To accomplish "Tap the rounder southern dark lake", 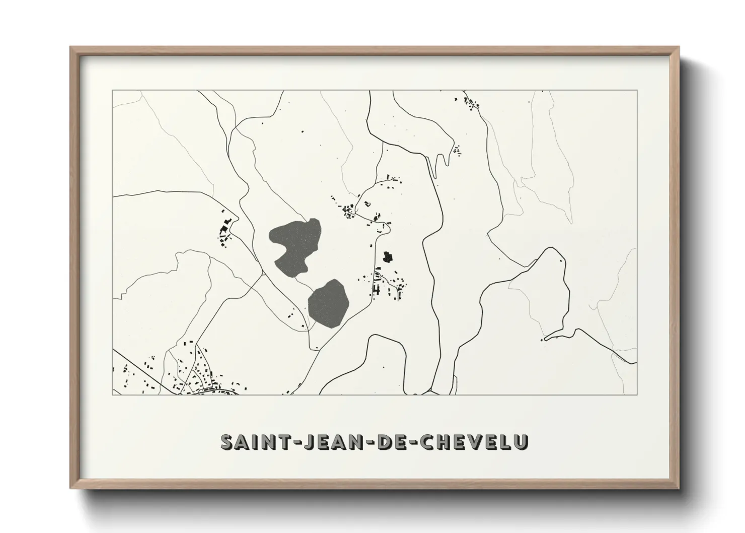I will [328, 304].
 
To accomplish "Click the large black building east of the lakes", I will [387, 257].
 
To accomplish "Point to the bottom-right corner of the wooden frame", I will [678, 488].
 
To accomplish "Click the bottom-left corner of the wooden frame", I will [71, 488].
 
